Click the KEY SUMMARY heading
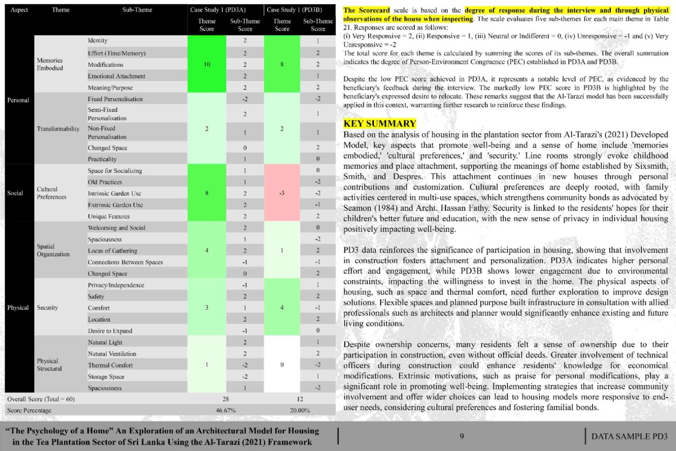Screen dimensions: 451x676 379,123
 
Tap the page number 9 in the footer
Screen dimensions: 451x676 462,436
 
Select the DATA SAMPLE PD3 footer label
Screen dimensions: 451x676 629,436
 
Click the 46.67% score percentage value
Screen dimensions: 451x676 226,410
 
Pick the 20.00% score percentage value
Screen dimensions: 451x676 300,410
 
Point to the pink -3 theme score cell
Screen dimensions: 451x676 282,193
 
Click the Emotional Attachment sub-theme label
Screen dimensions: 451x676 116,76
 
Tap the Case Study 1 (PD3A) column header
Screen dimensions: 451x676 218,10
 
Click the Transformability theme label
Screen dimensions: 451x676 58,128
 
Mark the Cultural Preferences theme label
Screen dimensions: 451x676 51,193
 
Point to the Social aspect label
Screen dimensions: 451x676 15,193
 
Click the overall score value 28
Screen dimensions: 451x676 226,399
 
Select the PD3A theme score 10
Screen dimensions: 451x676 207,64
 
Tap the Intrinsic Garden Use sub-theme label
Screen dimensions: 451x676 114,193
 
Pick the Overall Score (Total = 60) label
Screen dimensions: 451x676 41,399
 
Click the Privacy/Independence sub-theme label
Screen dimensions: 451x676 116,285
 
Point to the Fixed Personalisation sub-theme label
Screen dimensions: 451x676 115,99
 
